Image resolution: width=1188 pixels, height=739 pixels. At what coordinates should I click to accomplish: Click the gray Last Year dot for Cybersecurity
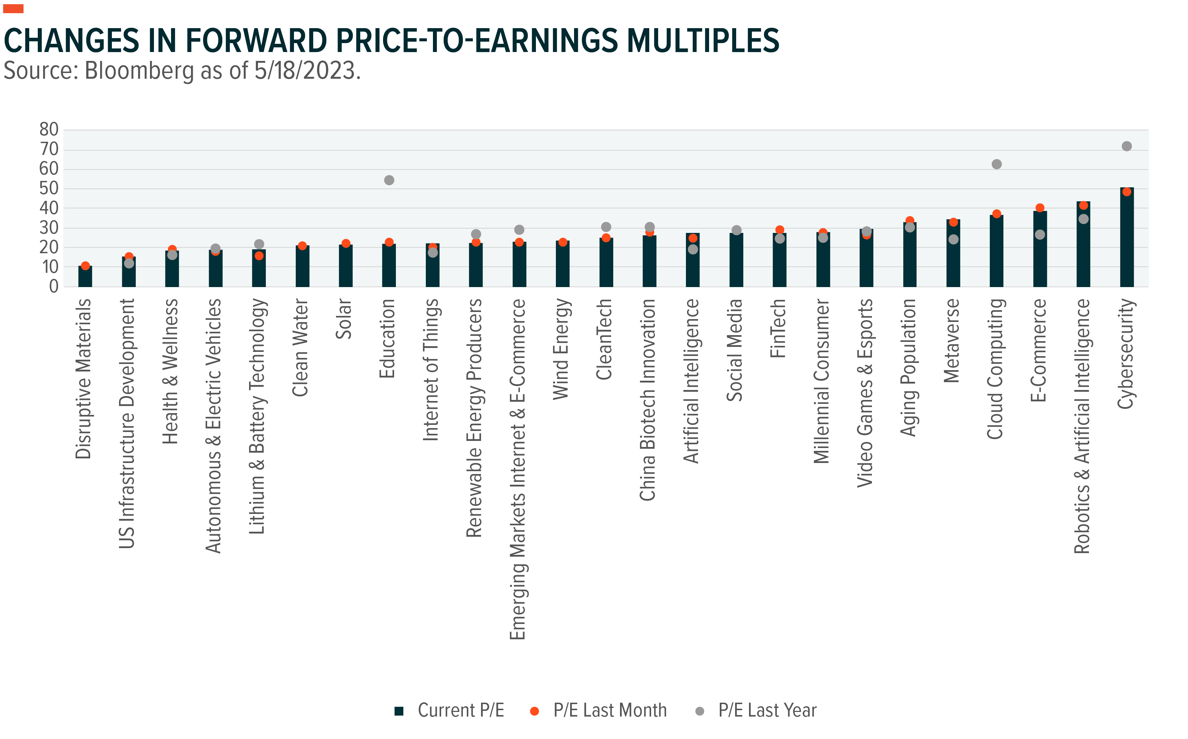(1126, 146)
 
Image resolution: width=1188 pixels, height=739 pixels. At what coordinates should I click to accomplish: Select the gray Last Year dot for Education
(389, 180)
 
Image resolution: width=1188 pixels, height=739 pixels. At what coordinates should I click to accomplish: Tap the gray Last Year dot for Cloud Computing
(996, 164)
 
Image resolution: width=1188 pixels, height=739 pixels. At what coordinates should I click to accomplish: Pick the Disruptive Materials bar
(85, 277)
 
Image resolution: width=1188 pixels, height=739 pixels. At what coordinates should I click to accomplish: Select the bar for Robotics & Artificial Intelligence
(1083, 244)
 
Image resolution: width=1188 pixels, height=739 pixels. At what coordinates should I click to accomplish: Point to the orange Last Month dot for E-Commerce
(1040, 208)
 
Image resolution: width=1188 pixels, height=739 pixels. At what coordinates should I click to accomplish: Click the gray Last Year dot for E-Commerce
(1040, 235)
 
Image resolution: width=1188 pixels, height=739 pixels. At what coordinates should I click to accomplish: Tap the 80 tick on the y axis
(49, 130)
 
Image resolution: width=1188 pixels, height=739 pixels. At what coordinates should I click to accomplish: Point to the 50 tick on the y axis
(49, 189)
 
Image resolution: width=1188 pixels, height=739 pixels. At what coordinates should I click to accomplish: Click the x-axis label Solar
(344, 319)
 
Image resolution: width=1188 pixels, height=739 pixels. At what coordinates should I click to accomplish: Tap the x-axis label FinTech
(778, 328)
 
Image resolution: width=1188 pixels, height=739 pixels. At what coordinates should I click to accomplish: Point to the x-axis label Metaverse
(952, 341)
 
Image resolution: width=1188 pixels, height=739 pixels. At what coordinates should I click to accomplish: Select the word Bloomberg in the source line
(140, 71)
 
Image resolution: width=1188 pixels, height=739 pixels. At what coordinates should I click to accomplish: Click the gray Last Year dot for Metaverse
(953, 239)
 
